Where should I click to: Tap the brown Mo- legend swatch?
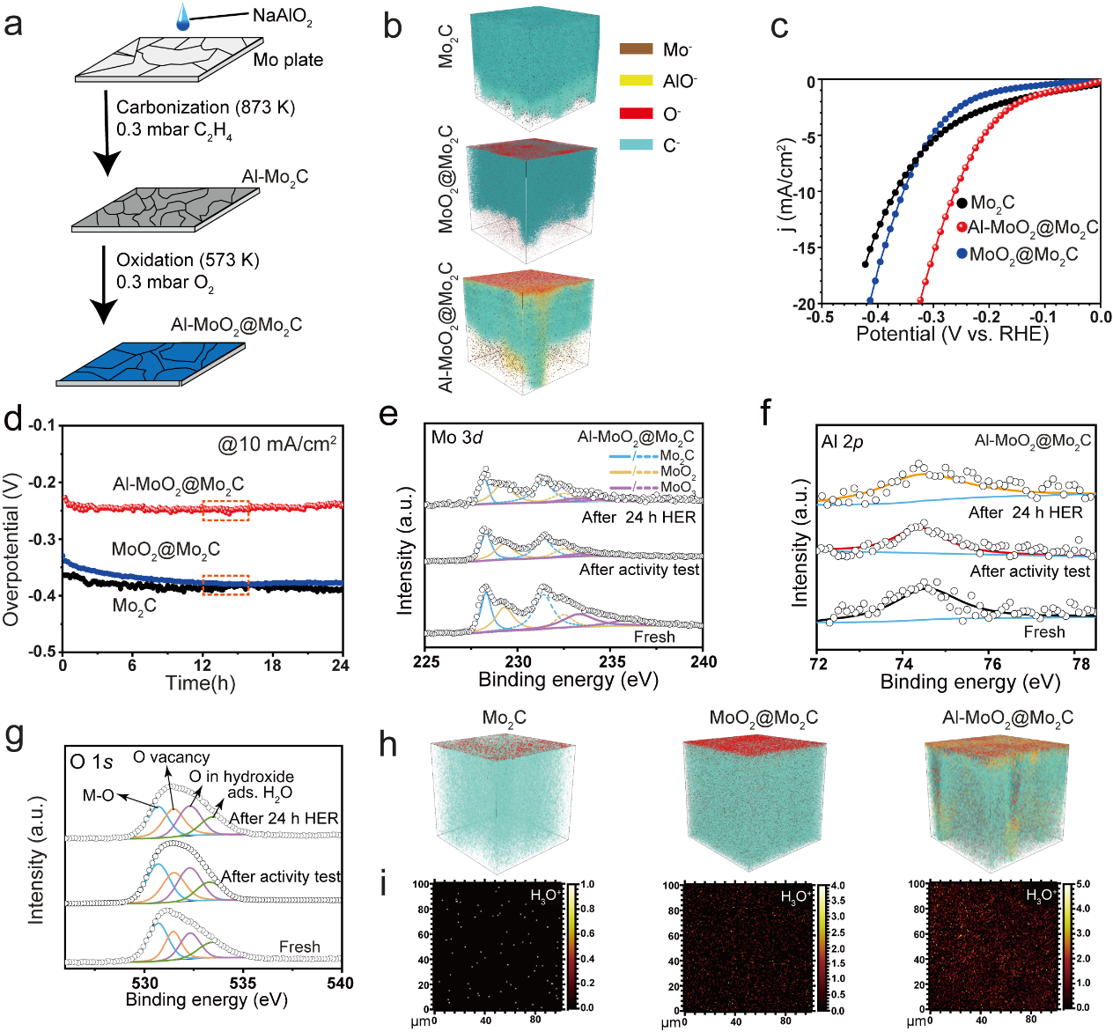636,49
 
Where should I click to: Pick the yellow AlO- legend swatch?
636,81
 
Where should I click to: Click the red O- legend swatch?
636,114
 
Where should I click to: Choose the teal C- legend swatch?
636,144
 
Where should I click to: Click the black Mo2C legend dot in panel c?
962,203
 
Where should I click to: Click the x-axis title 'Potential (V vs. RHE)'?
952,334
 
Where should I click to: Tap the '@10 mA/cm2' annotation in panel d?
277,444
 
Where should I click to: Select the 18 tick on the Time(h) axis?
272,666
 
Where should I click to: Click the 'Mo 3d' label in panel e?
456,438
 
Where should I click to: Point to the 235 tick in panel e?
612,662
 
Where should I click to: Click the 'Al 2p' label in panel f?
842,442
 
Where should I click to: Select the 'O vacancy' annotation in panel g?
171,757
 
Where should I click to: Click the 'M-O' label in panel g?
98,796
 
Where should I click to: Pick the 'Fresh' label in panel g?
299,947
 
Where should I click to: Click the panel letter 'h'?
387,745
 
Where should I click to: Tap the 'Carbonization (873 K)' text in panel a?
205,107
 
